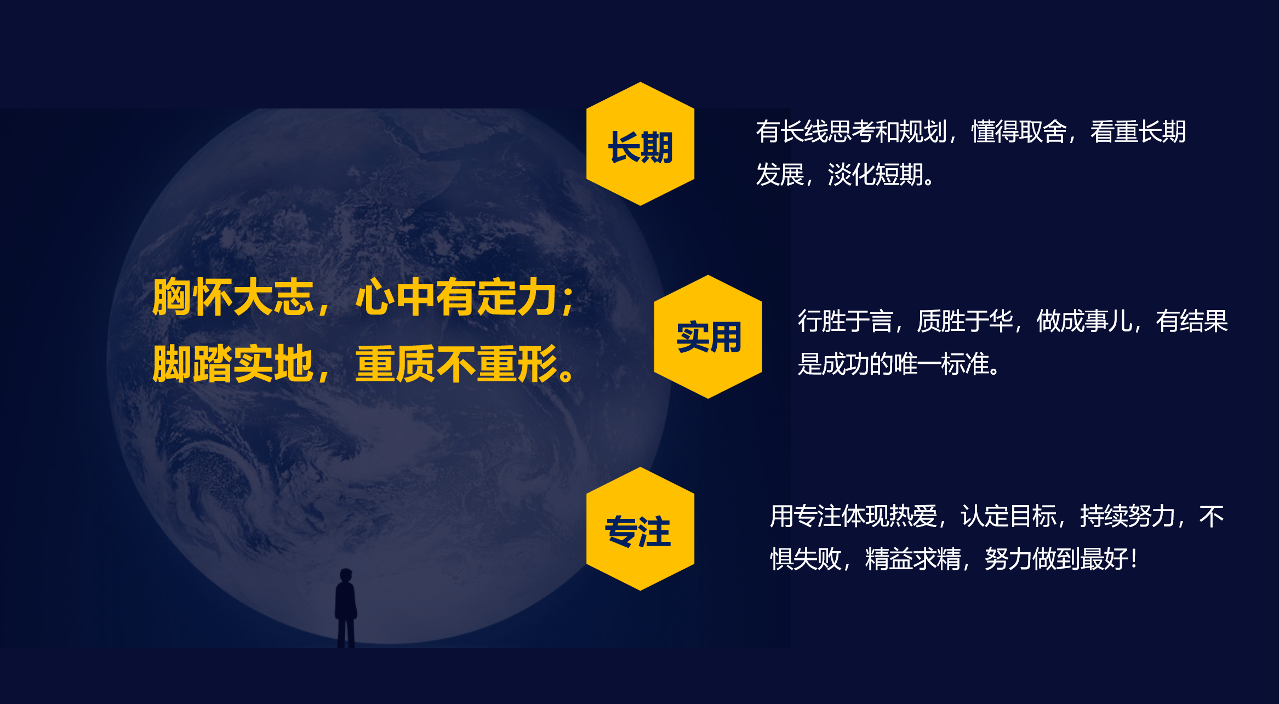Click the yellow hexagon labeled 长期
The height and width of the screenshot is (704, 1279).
point(640,144)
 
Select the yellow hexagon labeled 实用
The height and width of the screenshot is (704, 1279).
point(708,336)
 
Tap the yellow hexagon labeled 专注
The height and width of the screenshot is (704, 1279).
point(640,529)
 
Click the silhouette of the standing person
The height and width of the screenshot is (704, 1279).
point(346,608)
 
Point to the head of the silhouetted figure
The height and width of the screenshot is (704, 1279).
point(346,576)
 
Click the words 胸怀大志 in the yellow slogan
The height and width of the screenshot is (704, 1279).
point(233,297)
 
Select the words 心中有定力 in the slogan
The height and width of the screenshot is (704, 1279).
point(456,297)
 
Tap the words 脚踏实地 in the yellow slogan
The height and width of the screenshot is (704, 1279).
point(233,364)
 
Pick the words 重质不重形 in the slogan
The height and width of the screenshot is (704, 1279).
point(456,364)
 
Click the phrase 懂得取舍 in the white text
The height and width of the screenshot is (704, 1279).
point(1019,131)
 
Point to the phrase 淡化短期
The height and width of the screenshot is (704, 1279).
point(875,175)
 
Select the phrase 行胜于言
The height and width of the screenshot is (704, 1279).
point(845,321)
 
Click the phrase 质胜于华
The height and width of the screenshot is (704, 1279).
point(964,321)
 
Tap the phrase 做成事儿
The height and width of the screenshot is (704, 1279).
point(1084,321)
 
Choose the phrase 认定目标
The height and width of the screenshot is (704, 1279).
point(1008,516)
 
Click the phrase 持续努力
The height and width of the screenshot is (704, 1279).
point(1128,516)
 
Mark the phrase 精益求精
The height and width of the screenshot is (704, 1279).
point(913,559)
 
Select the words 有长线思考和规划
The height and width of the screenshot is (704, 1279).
point(852,131)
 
